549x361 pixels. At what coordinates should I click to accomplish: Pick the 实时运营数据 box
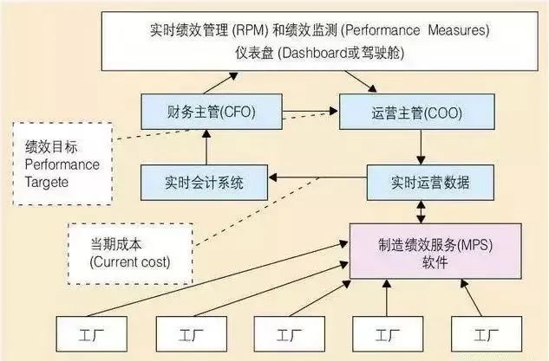tap(418, 183)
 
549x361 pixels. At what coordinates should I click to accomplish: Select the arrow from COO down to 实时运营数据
tap(422, 147)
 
